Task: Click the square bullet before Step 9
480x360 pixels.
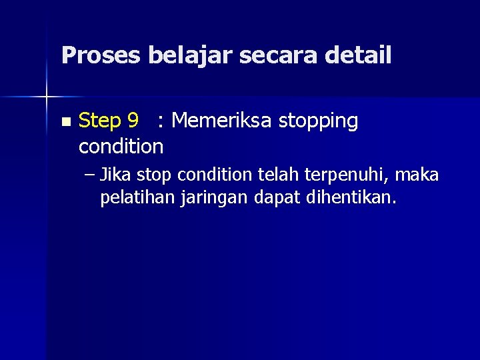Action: point(65,122)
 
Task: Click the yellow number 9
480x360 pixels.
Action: point(133,121)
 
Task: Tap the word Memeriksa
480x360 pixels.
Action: point(223,121)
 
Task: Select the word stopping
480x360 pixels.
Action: point(319,122)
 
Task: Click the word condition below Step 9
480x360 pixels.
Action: point(121,145)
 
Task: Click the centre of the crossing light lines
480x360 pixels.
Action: point(47,97)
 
